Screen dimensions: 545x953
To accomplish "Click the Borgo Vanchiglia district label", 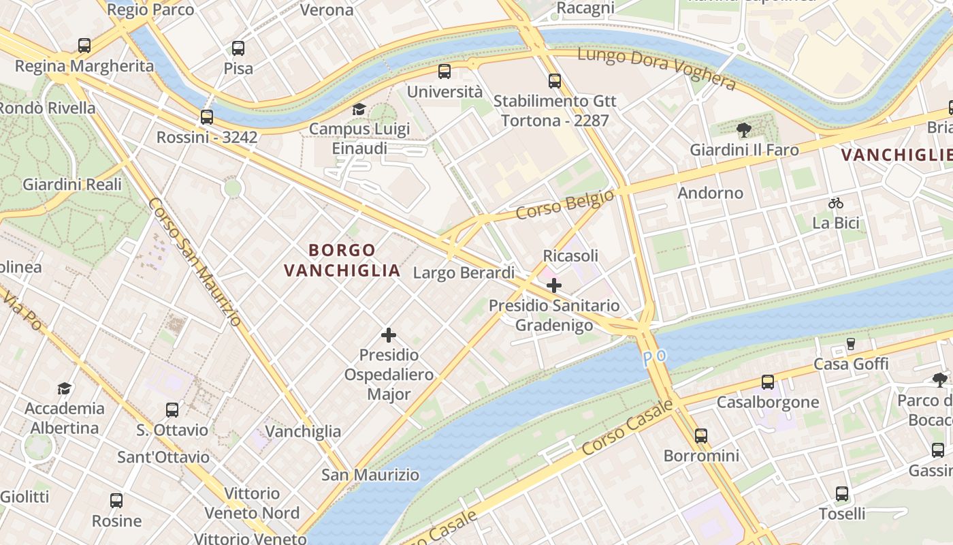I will [342, 260].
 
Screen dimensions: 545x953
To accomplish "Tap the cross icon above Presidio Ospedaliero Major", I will [389, 335].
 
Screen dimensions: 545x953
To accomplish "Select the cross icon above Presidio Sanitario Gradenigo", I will [554, 285].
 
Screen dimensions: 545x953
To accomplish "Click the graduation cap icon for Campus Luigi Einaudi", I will [359, 109].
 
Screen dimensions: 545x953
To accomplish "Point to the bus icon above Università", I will [445, 71].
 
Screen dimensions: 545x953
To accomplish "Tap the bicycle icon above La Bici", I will [836, 203].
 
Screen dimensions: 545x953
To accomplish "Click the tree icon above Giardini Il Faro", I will [744, 130].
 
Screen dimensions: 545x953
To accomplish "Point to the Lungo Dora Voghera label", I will [657, 69].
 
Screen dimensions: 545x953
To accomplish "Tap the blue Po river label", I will [654, 356].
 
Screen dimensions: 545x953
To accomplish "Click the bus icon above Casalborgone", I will [768, 382].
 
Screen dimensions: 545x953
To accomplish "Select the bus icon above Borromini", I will [701, 436].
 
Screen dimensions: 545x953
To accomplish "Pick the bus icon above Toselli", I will [842, 494].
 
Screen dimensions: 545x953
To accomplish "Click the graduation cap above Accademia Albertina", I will [65, 388].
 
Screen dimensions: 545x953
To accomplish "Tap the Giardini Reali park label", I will [72, 184].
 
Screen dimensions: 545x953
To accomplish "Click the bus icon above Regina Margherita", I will [84, 46].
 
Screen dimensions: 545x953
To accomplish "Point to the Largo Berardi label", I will [464, 273].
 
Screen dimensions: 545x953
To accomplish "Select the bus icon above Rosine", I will [116, 501].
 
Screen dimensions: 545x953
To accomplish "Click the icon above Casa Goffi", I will [851, 344].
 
